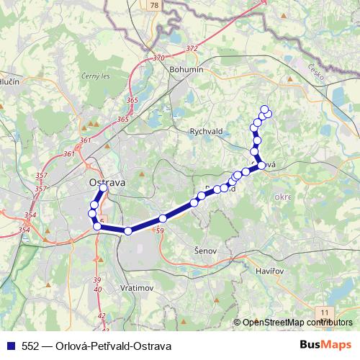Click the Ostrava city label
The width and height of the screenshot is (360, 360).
coord(106,182)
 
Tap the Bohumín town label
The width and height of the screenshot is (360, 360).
coord(187,69)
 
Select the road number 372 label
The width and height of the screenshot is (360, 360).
coord(191,48)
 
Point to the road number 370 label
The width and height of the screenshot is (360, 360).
coord(159,58)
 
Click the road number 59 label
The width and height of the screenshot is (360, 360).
coord(160,230)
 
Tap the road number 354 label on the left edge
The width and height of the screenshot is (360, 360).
coord(24,230)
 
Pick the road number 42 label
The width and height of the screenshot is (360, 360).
coord(102,315)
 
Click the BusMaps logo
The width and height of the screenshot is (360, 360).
coord(326,345)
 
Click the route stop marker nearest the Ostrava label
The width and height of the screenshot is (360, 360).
coord(104,189)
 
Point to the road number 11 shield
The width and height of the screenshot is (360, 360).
coord(325,310)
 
